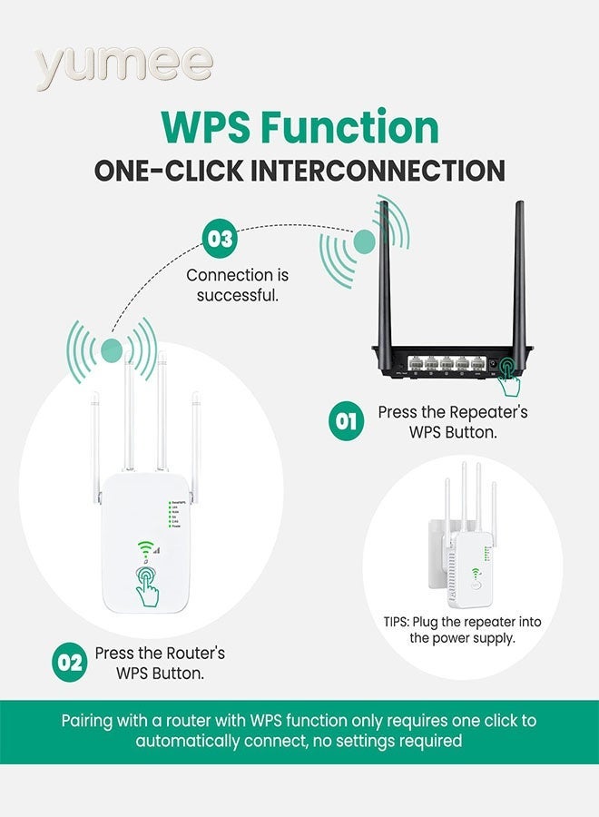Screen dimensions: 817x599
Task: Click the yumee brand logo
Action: (124, 65)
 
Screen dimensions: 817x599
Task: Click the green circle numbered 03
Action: (220, 240)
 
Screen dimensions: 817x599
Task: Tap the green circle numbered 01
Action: (346, 422)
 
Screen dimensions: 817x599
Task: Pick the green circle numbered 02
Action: (70, 662)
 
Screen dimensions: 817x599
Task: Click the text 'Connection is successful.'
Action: (238, 285)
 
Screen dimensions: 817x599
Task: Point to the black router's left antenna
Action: (385, 272)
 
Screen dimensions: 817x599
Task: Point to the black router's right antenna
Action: (518, 272)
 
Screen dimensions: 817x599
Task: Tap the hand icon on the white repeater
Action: (147, 586)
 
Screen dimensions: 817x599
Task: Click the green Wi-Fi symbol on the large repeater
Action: (144, 548)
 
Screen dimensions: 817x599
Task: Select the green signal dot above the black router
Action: (364, 241)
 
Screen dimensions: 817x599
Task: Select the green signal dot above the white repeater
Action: (113, 348)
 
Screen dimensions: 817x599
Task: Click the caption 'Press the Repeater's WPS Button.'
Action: (452, 422)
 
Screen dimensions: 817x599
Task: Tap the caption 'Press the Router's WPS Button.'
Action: (160, 663)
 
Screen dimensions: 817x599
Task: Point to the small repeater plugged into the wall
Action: (468, 545)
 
